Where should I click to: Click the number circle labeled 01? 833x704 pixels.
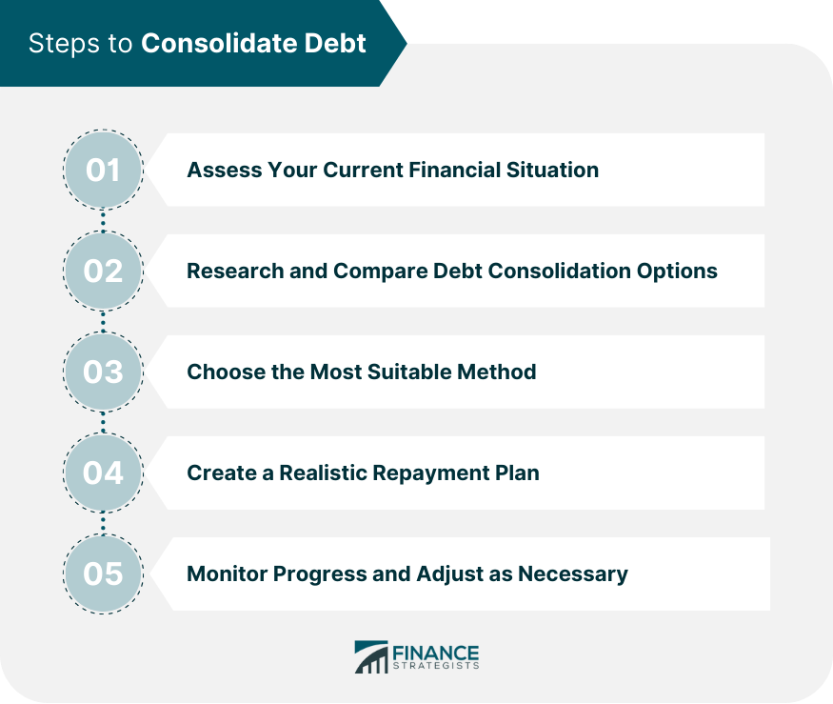pos(103,170)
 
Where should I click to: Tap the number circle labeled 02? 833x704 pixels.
pos(103,271)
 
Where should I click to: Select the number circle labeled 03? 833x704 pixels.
pos(103,372)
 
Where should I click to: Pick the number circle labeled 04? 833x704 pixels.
pos(103,473)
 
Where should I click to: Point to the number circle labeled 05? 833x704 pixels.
pos(103,573)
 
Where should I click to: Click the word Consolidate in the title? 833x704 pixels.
pos(219,43)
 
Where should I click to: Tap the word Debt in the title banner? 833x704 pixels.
pos(335,43)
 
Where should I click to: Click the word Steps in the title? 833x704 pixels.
pos(65,44)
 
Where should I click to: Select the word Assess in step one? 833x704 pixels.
pos(224,171)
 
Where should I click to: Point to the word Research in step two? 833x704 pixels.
pos(235,272)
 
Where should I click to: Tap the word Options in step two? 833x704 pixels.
pos(677,272)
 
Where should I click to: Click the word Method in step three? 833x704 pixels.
pos(497,372)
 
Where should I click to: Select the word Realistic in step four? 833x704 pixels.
pos(323,473)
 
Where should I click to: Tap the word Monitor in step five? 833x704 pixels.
pos(227,574)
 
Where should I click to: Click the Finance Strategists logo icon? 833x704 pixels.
pos(371,657)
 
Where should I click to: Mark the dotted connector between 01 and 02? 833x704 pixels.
pos(103,220)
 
